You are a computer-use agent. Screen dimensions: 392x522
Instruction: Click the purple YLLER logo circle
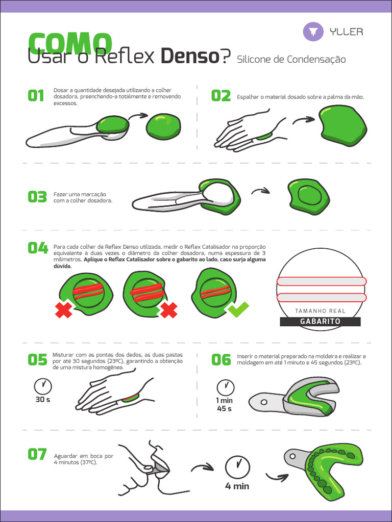[313, 32]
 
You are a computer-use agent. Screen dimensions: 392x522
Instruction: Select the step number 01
[36, 96]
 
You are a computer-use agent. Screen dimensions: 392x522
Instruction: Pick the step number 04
[37, 248]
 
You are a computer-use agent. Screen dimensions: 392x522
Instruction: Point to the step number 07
[37, 454]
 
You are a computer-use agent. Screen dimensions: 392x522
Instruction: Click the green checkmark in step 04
[238, 309]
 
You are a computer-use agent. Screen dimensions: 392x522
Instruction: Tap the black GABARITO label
[321, 322]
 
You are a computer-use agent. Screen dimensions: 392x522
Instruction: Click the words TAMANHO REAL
[321, 311]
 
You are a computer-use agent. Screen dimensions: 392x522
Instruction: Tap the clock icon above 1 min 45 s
[225, 387]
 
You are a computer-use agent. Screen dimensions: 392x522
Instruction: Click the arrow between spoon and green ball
[138, 116]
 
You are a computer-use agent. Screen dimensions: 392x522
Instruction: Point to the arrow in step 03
[260, 191]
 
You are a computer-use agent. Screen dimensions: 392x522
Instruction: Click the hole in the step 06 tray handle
[264, 402]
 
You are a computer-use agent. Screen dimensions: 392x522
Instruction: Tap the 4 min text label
[237, 486]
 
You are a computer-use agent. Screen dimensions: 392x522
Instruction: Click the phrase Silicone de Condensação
[291, 60]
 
